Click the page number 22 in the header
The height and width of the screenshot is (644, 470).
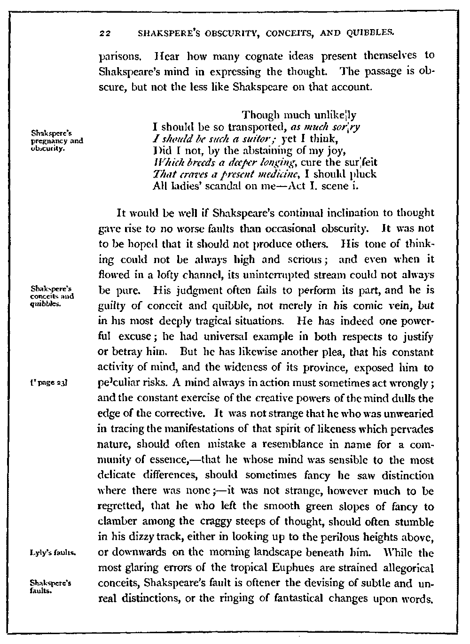point(104,33)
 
